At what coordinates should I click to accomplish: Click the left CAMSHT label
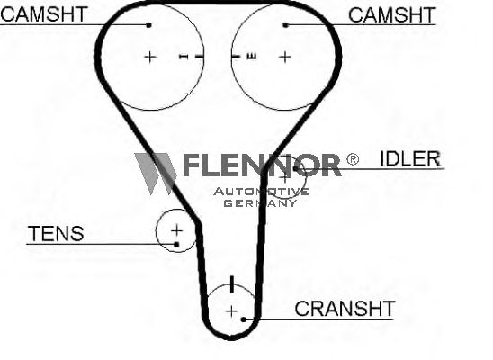click(x=44, y=14)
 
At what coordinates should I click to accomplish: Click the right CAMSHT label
click(x=391, y=14)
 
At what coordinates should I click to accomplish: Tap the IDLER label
click(x=410, y=158)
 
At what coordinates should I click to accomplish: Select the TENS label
click(x=57, y=234)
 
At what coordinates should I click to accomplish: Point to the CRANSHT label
click(x=345, y=309)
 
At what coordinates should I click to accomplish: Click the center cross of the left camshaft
click(x=150, y=58)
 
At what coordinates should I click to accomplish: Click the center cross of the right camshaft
click(x=285, y=58)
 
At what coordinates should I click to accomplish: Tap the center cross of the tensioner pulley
click(x=176, y=230)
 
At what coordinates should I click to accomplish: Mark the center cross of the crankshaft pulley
click(x=231, y=311)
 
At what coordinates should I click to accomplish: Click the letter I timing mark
click(x=184, y=57)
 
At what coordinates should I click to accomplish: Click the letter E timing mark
click(x=252, y=57)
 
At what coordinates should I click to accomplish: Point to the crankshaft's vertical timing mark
click(x=232, y=284)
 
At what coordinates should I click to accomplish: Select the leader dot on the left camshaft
click(x=149, y=25)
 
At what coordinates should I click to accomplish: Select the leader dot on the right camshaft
click(x=285, y=25)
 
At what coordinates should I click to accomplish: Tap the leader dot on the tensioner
click(x=176, y=244)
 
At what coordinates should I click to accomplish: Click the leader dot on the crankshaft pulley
click(x=244, y=319)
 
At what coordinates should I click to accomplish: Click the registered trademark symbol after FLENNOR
click(x=353, y=159)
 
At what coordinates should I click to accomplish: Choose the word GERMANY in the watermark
click(x=260, y=203)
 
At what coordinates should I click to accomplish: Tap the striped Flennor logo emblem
click(x=155, y=173)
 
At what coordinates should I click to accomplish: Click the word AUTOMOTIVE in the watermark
click(x=261, y=192)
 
